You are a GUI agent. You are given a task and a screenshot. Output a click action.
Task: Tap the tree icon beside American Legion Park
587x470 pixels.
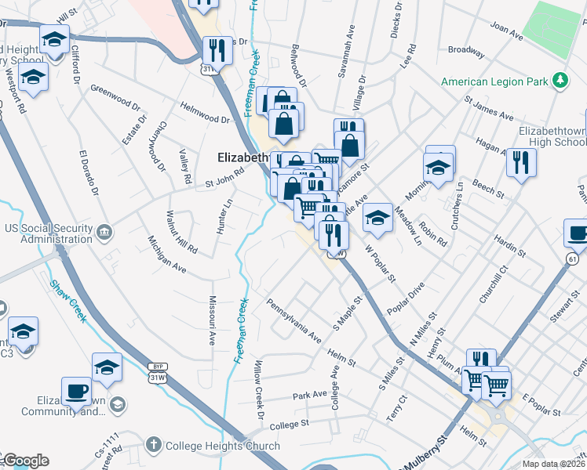point(560,81)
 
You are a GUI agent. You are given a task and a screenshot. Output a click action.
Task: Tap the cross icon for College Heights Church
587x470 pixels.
point(154,445)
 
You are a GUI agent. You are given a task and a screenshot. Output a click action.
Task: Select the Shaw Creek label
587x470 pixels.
point(67,302)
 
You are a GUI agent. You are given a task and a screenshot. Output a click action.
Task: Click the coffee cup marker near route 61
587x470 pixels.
point(578,233)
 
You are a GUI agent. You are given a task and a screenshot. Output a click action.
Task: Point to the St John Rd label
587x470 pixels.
point(221,182)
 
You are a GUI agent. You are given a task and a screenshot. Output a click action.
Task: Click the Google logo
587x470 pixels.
point(25,461)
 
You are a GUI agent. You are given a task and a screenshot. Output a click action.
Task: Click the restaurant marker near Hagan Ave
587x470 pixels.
point(521,162)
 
